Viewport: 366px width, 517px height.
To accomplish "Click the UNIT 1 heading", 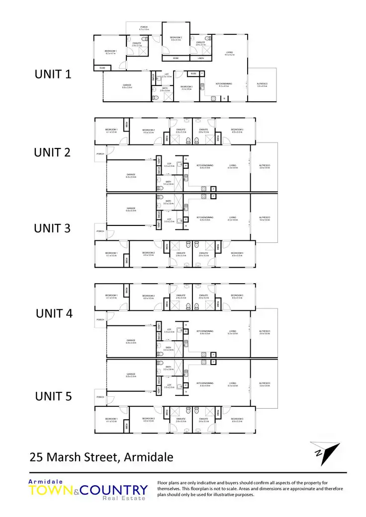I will [x=53, y=74].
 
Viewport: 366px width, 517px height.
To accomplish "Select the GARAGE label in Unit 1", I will [x=127, y=85].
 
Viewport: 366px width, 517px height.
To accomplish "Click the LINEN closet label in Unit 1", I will [x=200, y=58].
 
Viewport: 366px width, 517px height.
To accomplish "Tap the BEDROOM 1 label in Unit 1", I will [x=110, y=51].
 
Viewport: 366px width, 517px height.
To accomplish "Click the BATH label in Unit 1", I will [x=165, y=88].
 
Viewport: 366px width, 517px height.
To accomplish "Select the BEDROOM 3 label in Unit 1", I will [x=186, y=87].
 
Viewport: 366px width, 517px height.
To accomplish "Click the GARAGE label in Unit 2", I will [x=131, y=174].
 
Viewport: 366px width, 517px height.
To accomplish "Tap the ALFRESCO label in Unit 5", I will [x=264, y=383].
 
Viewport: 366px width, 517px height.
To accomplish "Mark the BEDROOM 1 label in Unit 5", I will [x=111, y=419].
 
